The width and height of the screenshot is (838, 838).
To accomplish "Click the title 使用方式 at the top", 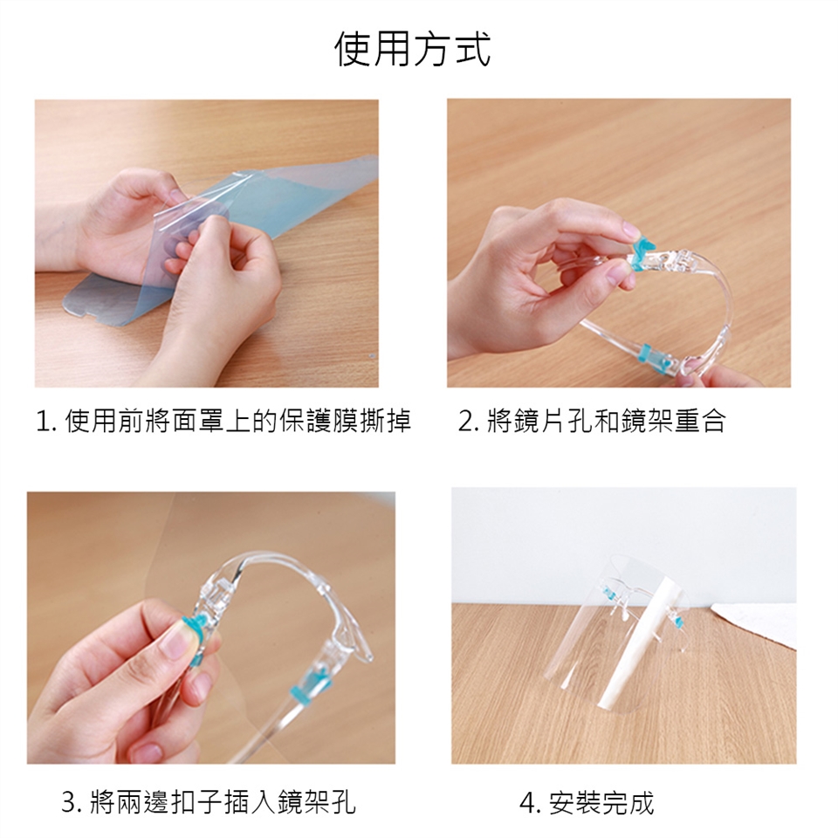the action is [x=412, y=49].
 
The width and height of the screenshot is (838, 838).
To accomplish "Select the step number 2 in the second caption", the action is [x=465, y=421].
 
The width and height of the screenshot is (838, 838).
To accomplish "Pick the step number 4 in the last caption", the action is [x=527, y=803].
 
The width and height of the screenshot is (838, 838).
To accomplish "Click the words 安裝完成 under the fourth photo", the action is [x=601, y=803].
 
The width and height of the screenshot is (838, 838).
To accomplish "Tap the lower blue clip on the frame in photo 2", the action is [x=654, y=355].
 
